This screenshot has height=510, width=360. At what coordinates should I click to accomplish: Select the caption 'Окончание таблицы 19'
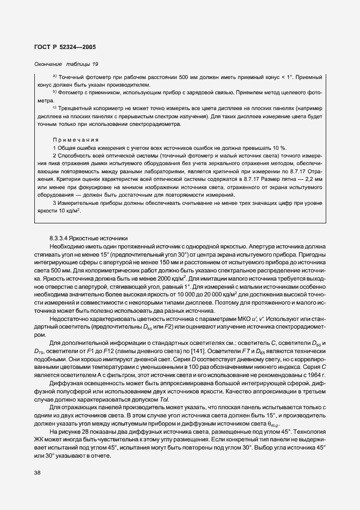[x=66, y=64]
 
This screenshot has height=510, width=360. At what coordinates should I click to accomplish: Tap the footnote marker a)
[x=54, y=76]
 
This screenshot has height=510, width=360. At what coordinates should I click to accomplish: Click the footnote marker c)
[x=54, y=107]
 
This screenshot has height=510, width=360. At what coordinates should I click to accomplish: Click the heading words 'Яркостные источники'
[x=103, y=238]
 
